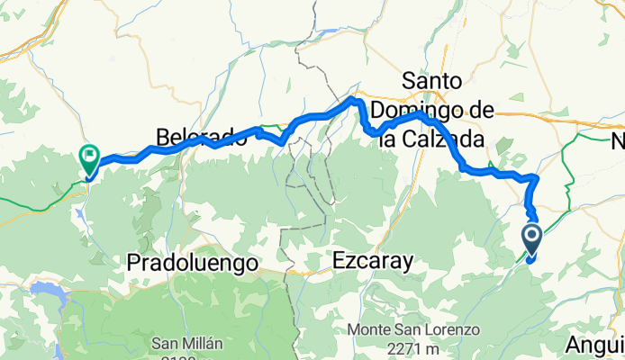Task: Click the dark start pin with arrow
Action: [531, 238]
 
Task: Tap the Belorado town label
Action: [200, 138]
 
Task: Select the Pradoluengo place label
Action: [192, 263]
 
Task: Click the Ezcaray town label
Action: [372, 262]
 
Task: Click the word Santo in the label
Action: [439, 81]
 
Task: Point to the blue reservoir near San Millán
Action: [46, 291]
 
